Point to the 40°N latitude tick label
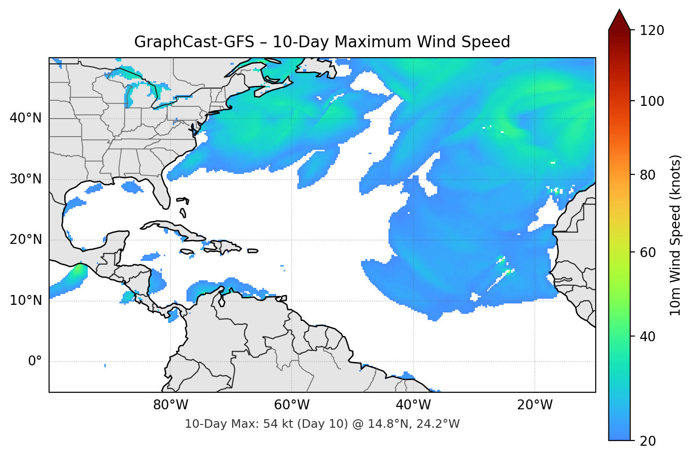pos(25,118)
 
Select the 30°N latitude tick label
pos(25,179)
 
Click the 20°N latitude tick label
pos(25,240)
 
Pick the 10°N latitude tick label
pos(25,301)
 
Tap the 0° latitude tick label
pos(35,362)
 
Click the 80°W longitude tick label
pos(171,405)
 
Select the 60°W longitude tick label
pos(292,405)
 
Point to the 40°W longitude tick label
pos(414,405)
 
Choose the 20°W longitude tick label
pos(535,405)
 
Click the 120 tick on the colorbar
pos(652,31)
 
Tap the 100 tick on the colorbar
pos(652,101)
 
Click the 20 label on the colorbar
pos(648,441)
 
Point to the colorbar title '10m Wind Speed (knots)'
pos(675,235)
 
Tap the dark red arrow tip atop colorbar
pos(619,19)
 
